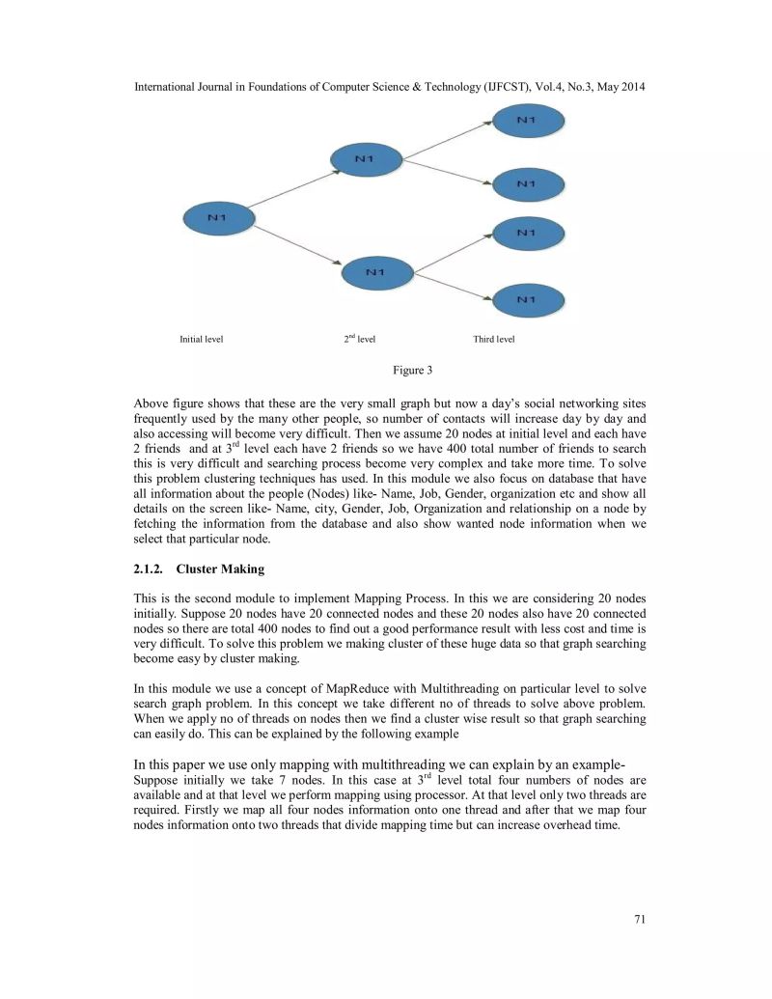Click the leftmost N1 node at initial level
click(x=219, y=219)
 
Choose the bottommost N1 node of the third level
click(x=526, y=300)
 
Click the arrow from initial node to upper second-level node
click(x=293, y=189)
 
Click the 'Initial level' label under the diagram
click(x=201, y=340)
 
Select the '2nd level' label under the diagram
click(x=359, y=340)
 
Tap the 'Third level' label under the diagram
click(x=493, y=340)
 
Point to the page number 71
click(x=639, y=919)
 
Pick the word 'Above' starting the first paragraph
click(x=150, y=402)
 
